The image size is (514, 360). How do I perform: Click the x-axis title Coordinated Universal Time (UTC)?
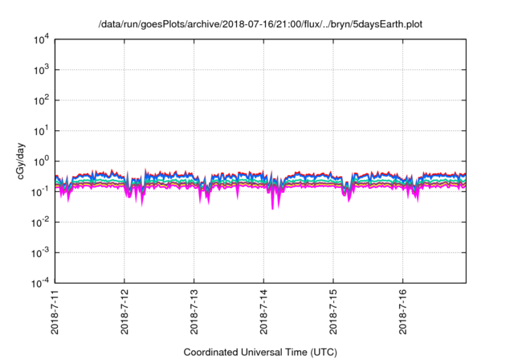pos(260,352)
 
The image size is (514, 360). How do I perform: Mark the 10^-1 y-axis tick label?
pos(41,191)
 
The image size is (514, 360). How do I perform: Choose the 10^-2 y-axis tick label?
pos(41,222)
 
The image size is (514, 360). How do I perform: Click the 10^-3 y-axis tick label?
pos(41,252)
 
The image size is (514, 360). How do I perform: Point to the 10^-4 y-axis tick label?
pos(41,283)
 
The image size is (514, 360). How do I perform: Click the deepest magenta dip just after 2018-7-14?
pos(272,208)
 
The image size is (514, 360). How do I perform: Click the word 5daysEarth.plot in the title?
pos(383,23)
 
